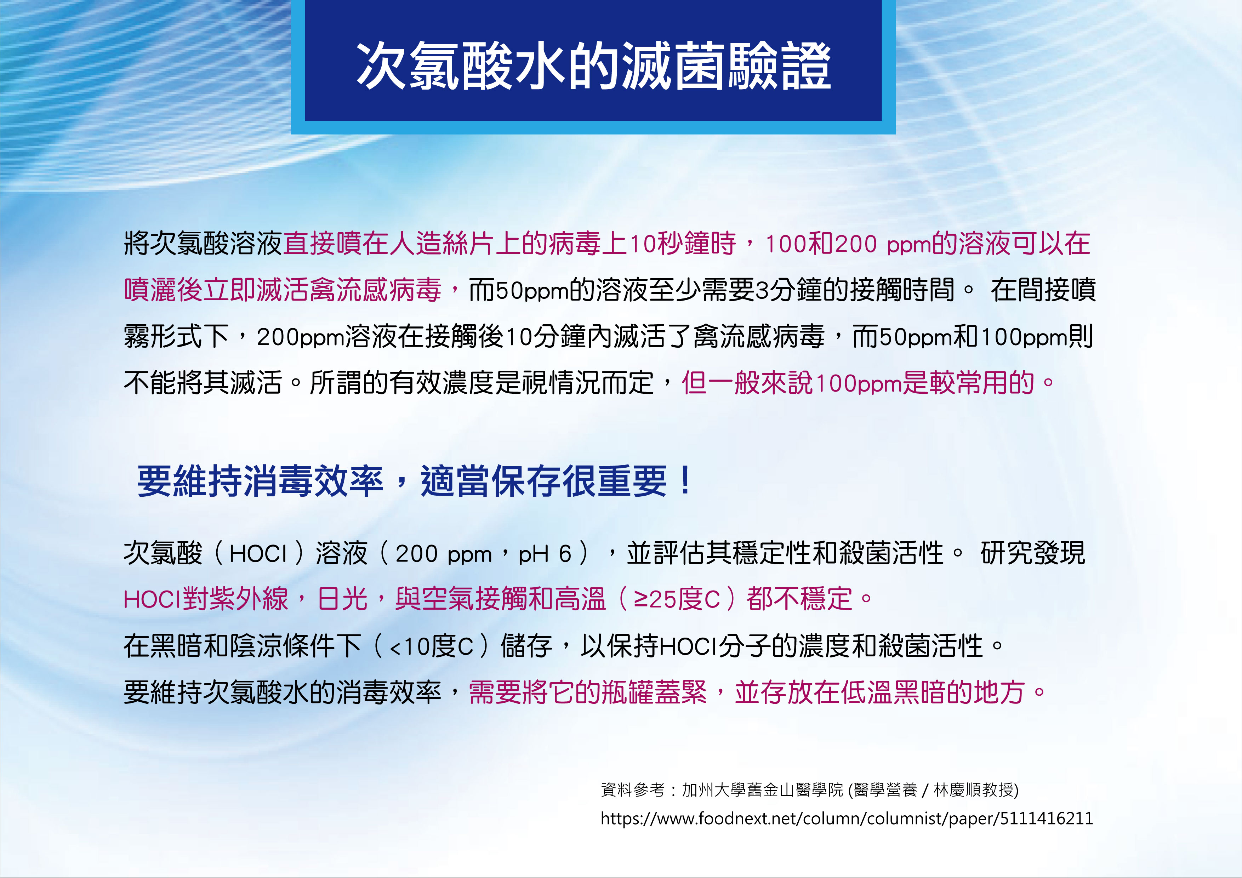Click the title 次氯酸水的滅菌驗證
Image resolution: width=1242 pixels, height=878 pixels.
click(593, 66)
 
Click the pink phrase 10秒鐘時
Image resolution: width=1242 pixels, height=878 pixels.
click(683, 244)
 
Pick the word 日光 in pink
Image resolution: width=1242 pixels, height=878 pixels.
click(342, 599)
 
